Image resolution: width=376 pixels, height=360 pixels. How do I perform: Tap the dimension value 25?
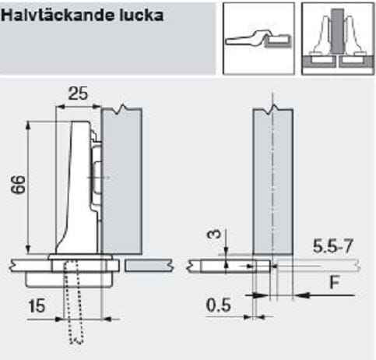click(x=78, y=94)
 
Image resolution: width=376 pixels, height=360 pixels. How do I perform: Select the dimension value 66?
click(x=19, y=185)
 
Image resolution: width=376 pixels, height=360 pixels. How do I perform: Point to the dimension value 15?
click(x=37, y=306)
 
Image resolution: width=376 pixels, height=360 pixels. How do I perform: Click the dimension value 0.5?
click(x=218, y=305)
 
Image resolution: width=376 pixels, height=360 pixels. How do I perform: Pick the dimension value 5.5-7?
click(x=333, y=246)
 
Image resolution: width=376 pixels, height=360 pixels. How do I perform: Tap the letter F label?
click(x=335, y=282)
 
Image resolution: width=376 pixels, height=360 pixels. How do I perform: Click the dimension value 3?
click(x=214, y=234)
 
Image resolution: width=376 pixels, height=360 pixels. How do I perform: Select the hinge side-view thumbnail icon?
click(x=258, y=38)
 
